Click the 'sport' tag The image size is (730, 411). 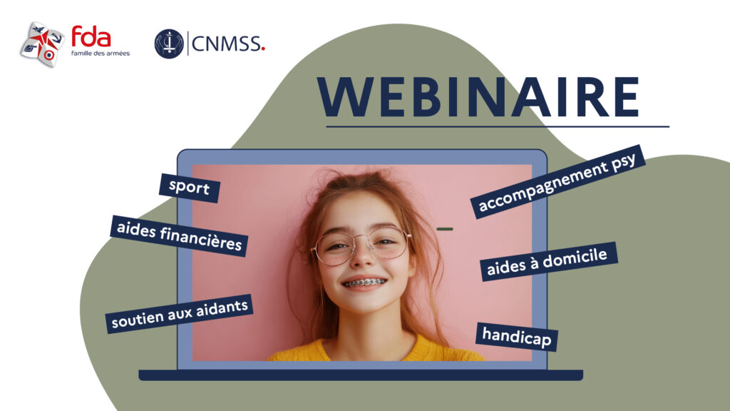pos(189,188)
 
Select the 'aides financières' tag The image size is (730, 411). pos(179,235)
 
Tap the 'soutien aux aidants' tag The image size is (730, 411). pos(180,314)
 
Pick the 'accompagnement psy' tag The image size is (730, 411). pos(557,182)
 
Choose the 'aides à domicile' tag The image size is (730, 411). pos(548,261)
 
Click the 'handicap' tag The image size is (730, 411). pos(517,337)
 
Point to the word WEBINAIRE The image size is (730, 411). pos(478,97)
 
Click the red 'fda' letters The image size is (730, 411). pos(91,37)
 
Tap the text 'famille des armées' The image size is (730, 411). pos(101,54)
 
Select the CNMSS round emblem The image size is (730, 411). pos(169,44)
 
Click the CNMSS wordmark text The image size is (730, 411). pos(226,44)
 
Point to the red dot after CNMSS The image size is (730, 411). pos(263,47)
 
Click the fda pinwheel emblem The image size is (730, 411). pos(42,44)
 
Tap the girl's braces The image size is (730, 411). pos(364,283)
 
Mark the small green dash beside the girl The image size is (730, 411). pos(445,229)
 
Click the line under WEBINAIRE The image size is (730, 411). pos(498,126)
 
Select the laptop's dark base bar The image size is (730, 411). pos(361,375)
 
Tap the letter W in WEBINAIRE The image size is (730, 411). pos(348,97)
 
